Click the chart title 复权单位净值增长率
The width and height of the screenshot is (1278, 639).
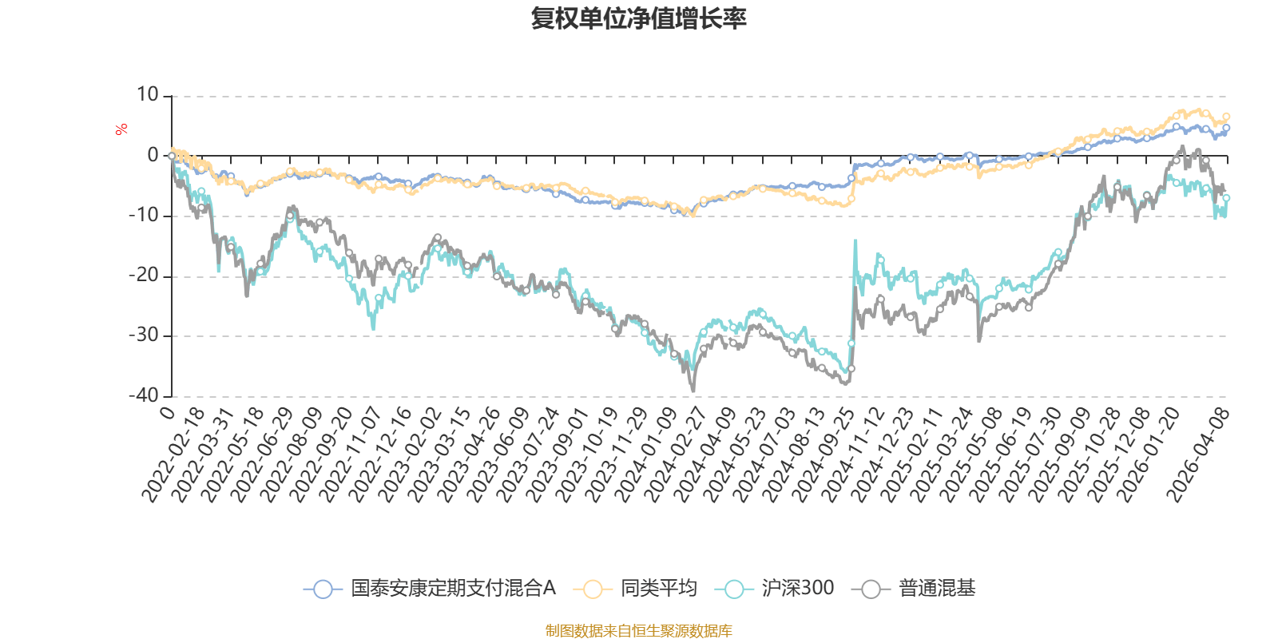tap(638, 19)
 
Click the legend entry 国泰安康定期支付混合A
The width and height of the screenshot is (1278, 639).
tap(430, 588)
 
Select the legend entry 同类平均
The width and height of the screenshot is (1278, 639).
tap(635, 588)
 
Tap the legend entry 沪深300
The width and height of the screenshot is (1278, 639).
tap(774, 588)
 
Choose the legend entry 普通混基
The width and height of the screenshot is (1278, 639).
tap(914, 588)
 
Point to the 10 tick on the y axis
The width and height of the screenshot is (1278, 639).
tap(147, 95)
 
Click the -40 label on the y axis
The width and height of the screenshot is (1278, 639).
tap(144, 396)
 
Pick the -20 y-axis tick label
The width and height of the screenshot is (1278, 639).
tap(144, 276)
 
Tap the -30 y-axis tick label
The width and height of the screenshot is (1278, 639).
tap(144, 335)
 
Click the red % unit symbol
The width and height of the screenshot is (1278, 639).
tap(121, 129)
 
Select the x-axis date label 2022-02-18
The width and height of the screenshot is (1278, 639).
tap(173, 454)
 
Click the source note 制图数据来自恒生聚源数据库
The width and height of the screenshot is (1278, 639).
tap(638, 630)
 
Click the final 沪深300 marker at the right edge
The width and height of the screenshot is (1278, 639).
tap(1226, 198)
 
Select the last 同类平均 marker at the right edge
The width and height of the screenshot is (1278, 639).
tap(1226, 117)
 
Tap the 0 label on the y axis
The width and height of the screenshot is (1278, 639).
tap(153, 155)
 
